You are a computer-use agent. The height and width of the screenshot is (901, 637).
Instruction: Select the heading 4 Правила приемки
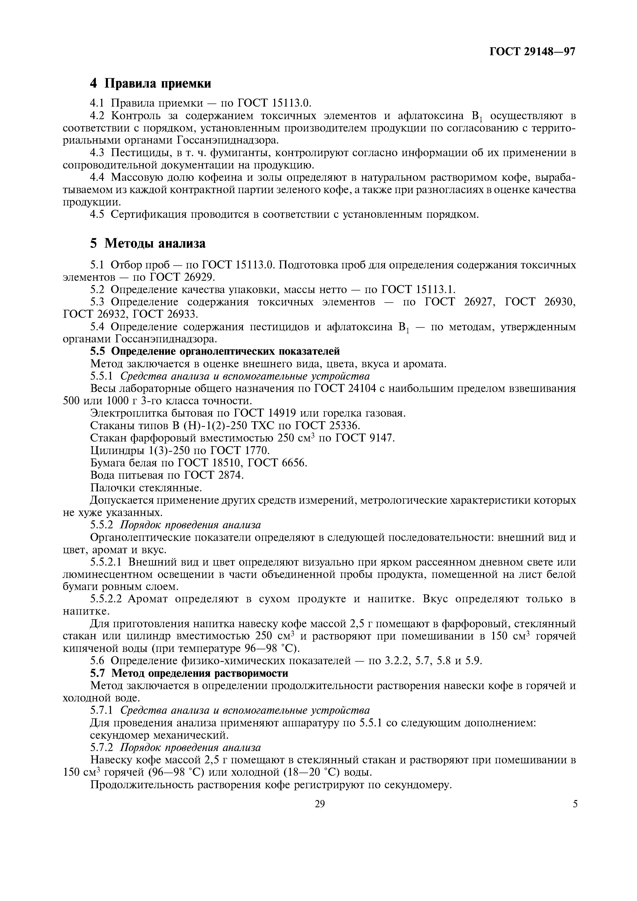point(151,83)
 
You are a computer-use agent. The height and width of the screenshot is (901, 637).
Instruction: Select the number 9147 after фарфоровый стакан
point(381,438)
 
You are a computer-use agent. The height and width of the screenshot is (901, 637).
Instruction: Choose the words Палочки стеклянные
point(146,487)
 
